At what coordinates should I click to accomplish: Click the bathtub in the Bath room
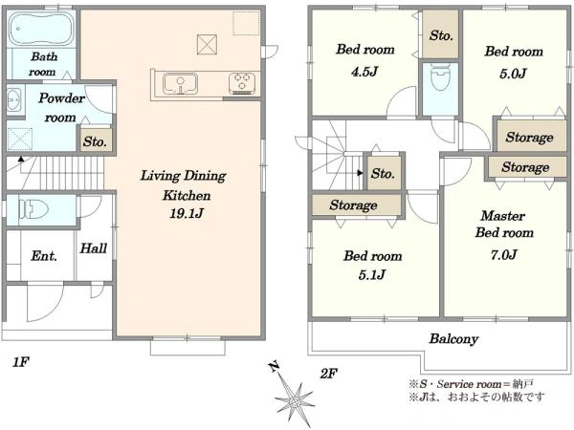coord(41,30)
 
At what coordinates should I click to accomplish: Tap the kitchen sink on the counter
coord(180,84)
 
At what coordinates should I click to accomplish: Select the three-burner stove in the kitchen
coord(242,83)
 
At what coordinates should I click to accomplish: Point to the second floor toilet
coord(440,76)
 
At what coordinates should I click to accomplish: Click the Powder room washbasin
coord(15,99)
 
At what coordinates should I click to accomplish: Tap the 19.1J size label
coord(187,213)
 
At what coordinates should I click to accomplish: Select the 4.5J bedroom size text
coord(364,72)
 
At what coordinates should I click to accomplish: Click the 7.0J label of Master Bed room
coord(504,254)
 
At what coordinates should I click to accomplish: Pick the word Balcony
coord(453,339)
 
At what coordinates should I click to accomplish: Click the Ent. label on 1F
coord(44,255)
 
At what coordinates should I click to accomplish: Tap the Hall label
coord(94,248)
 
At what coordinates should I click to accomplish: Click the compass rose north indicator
coord(274,366)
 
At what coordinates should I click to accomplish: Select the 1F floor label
coord(20,362)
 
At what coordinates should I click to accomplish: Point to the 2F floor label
coord(328,374)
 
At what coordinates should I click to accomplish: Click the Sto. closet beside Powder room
coord(96,140)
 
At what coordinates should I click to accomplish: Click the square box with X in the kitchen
coord(208,45)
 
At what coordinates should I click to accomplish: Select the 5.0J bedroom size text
coord(513,74)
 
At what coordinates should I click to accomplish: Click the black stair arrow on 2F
coord(361,173)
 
